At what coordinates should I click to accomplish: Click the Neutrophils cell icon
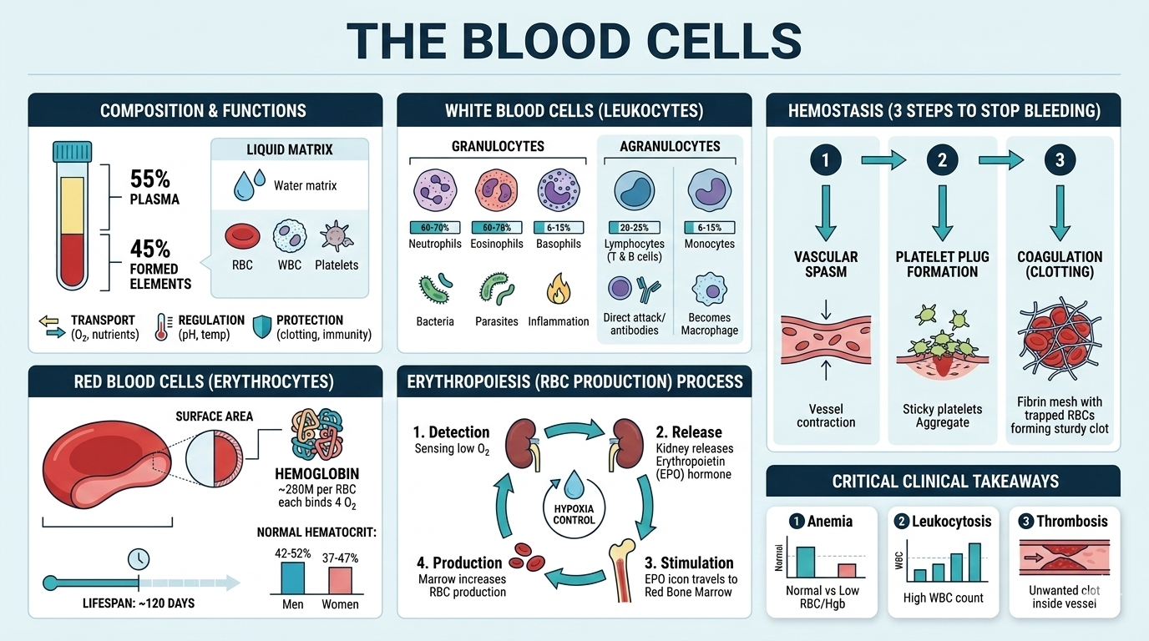point(435,191)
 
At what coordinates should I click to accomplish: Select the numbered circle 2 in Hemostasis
point(943,159)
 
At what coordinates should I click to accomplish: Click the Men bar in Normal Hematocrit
point(292,578)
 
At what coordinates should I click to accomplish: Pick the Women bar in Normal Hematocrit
point(340,580)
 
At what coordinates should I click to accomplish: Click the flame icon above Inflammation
point(559,289)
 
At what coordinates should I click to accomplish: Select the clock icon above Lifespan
point(139,559)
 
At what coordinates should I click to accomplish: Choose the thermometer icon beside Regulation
point(162,328)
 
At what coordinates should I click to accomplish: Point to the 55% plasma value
point(150,179)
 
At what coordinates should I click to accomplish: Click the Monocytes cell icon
point(709,191)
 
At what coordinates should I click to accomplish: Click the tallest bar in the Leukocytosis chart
point(974,561)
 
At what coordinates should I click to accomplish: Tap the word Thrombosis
point(1072,521)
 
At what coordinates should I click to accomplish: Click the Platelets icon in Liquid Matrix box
point(336,236)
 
